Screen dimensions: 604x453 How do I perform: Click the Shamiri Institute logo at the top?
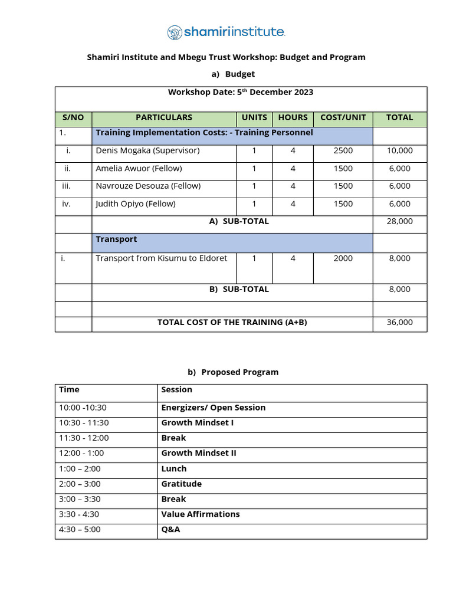(x=226, y=32)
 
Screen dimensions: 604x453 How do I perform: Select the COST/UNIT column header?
(x=343, y=117)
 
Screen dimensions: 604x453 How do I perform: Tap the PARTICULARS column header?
(x=164, y=117)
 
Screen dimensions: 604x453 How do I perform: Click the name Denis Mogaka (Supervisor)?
(x=147, y=150)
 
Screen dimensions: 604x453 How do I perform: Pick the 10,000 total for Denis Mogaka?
(x=399, y=150)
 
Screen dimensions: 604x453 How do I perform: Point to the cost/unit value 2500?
(x=343, y=150)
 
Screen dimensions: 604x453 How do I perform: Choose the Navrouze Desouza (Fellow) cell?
(x=148, y=186)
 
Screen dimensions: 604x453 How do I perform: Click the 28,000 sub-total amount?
(x=399, y=221)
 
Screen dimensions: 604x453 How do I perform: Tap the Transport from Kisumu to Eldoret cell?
(x=161, y=258)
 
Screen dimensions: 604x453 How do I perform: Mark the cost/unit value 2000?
(x=343, y=258)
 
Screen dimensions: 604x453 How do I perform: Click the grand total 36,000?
(x=399, y=322)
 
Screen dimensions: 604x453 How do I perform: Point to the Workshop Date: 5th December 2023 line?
(x=241, y=92)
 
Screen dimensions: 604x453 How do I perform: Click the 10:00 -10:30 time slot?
(x=83, y=408)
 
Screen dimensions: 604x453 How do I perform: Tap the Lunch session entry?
(x=173, y=468)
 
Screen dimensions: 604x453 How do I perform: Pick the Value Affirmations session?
(x=200, y=514)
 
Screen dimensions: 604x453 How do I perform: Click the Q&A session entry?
(x=170, y=529)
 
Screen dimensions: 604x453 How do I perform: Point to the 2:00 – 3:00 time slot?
(x=80, y=484)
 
